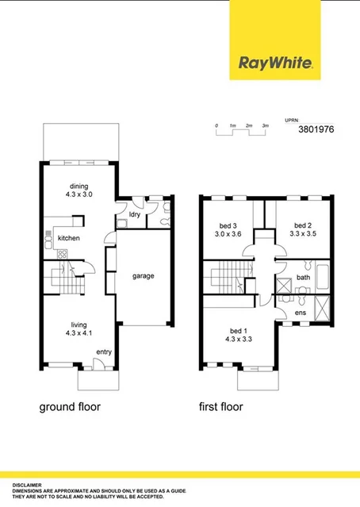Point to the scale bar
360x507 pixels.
tap(240, 129)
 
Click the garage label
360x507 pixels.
tap(143, 276)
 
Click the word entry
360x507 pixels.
tap(104, 351)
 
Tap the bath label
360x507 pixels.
tap(302, 277)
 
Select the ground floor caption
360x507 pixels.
tap(70, 407)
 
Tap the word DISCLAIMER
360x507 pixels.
tap(28, 484)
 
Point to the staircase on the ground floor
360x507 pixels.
tap(60, 279)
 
